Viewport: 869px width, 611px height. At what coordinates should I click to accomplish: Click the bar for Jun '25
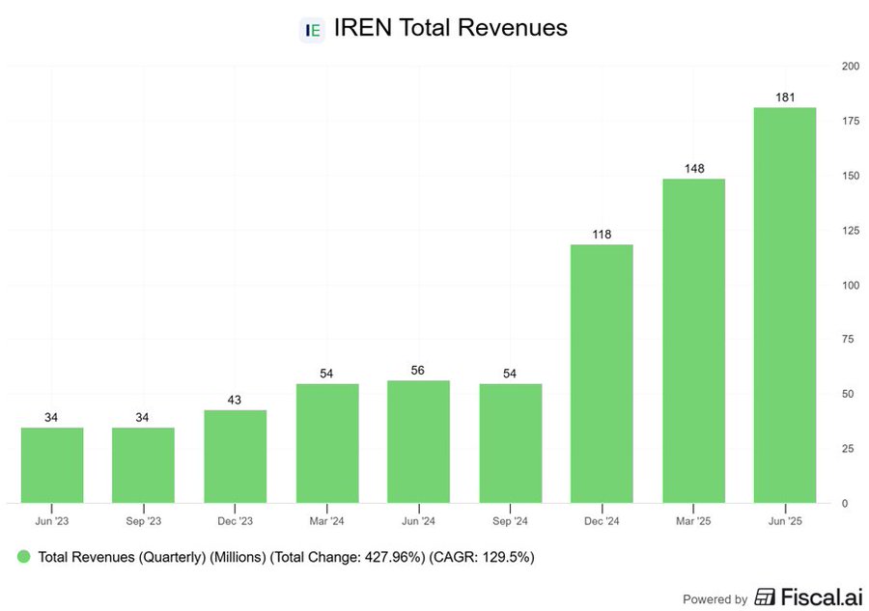coord(785,305)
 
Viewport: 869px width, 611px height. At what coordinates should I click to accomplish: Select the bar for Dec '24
coord(602,374)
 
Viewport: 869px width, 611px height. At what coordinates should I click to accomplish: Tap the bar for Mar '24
coord(327,443)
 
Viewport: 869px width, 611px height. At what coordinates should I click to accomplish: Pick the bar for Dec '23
coord(236,456)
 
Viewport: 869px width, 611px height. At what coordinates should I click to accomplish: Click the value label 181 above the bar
coord(785,97)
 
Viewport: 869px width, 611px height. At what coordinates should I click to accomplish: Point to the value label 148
coord(693,169)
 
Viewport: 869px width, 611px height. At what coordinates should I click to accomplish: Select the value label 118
coord(602,235)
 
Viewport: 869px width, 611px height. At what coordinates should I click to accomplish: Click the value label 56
coord(418,370)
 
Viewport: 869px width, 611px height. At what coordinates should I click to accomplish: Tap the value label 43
coord(236,400)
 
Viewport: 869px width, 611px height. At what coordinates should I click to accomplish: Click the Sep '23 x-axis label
coord(144,521)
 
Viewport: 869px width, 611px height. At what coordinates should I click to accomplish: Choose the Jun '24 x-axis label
coord(418,521)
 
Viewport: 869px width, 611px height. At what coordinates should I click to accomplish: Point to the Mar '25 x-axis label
coord(693,521)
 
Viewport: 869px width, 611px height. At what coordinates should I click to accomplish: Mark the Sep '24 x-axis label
coord(510,521)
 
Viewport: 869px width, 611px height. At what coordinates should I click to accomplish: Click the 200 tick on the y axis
coord(850,66)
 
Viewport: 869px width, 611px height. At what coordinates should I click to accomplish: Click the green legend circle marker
coord(24,557)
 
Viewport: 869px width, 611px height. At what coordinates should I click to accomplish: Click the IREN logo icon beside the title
coord(313,29)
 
